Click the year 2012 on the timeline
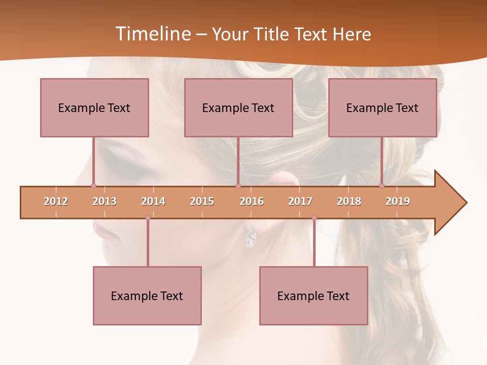tap(56, 201)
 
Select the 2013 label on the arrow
tap(105, 201)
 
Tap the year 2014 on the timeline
tap(153, 201)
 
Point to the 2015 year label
tap(202, 201)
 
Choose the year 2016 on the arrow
tap(252, 201)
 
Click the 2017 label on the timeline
tap(300, 201)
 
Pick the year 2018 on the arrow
tap(349, 201)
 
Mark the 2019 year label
tap(398, 201)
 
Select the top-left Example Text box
tap(94, 107)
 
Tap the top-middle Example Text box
tap(238, 107)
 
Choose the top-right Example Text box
tap(382, 107)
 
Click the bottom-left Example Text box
tap(147, 296)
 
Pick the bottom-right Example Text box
tap(314, 296)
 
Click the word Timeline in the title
tap(152, 34)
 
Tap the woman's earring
tap(250, 237)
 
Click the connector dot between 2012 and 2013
tap(93, 186)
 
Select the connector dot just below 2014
tap(148, 218)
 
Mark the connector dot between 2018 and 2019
tap(381, 186)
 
